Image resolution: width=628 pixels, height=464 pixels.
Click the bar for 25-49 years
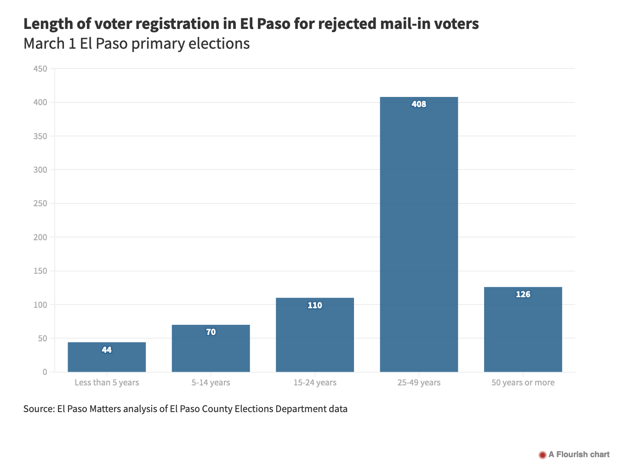419,234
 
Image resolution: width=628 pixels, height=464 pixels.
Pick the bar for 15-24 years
315,338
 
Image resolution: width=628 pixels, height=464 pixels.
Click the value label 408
419,104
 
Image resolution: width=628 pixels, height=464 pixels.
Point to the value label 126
523,294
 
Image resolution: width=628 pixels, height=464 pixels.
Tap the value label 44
107,350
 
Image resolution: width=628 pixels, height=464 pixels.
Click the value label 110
315,306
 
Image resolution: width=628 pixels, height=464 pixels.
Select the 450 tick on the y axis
40,69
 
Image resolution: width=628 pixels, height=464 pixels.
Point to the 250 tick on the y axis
40,204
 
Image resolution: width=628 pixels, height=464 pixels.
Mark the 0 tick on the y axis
45,372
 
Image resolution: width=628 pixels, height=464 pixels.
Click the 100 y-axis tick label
40,305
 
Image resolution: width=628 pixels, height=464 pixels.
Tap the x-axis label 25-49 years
419,383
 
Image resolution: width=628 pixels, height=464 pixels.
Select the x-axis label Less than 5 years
107,383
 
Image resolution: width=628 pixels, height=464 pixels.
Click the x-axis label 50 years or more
523,383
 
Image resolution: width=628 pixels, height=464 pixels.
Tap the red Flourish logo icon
542,455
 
